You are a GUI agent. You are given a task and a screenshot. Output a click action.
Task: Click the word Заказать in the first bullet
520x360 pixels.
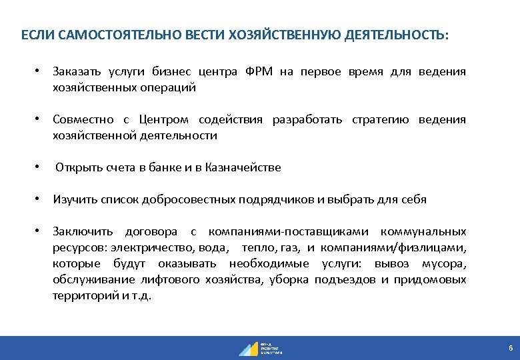click(75, 72)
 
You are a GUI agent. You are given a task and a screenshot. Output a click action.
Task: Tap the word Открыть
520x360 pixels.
click(79, 168)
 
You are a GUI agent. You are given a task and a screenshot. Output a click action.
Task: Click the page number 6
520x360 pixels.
click(510, 349)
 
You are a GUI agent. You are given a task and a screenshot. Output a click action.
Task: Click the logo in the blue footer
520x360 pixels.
click(260, 348)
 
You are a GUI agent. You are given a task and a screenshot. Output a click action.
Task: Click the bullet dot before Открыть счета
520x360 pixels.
click(40, 168)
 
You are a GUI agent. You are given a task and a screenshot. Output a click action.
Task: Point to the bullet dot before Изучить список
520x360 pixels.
click(40, 199)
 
